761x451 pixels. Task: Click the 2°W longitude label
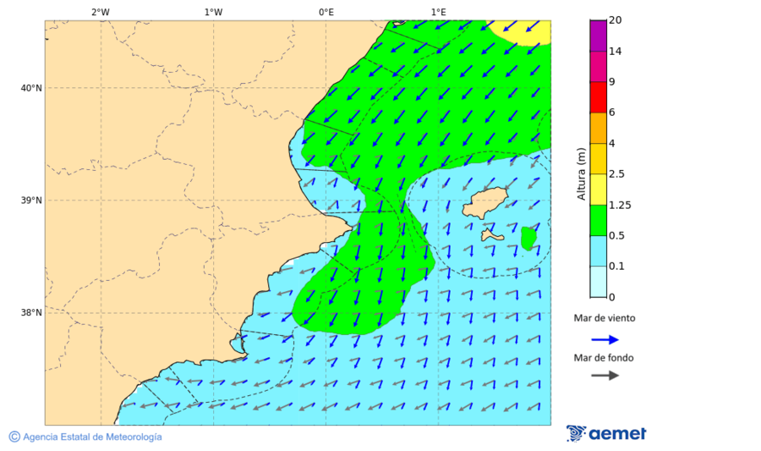(x=100, y=12)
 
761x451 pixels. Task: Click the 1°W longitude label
(x=213, y=12)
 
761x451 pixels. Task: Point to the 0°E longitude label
(x=326, y=12)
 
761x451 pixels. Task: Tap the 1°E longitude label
(x=438, y=12)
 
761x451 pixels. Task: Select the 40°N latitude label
(x=31, y=88)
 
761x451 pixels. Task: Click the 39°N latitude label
(x=31, y=201)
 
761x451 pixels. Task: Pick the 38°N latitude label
(x=31, y=313)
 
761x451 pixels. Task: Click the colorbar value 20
(x=616, y=20)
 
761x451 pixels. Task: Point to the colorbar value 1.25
(x=620, y=205)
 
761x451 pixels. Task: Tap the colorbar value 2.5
(x=616, y=174)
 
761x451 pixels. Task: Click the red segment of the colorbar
(x=598, y=97)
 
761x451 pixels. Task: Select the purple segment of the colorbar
(x=598, y=36)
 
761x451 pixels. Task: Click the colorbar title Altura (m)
(x=582, y=174)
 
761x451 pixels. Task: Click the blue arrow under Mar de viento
(x=605, y=339)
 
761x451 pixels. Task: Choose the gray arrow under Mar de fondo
(x=605, y=375)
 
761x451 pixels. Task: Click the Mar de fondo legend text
(x=604, y=358)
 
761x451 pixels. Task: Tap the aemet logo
(x=606, y=433)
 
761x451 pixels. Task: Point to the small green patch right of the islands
(x=528, y=239)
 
